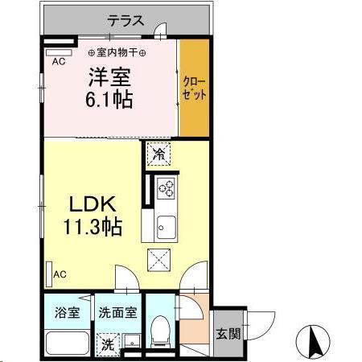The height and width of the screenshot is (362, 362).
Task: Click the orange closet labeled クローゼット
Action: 194,88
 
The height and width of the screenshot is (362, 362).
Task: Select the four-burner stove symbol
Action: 167,188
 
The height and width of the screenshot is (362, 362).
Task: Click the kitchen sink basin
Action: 167,224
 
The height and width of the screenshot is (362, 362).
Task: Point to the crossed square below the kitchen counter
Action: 158,258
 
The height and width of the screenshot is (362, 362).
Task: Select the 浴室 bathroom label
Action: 66,312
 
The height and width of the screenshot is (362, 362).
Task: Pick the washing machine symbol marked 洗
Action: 107,345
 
